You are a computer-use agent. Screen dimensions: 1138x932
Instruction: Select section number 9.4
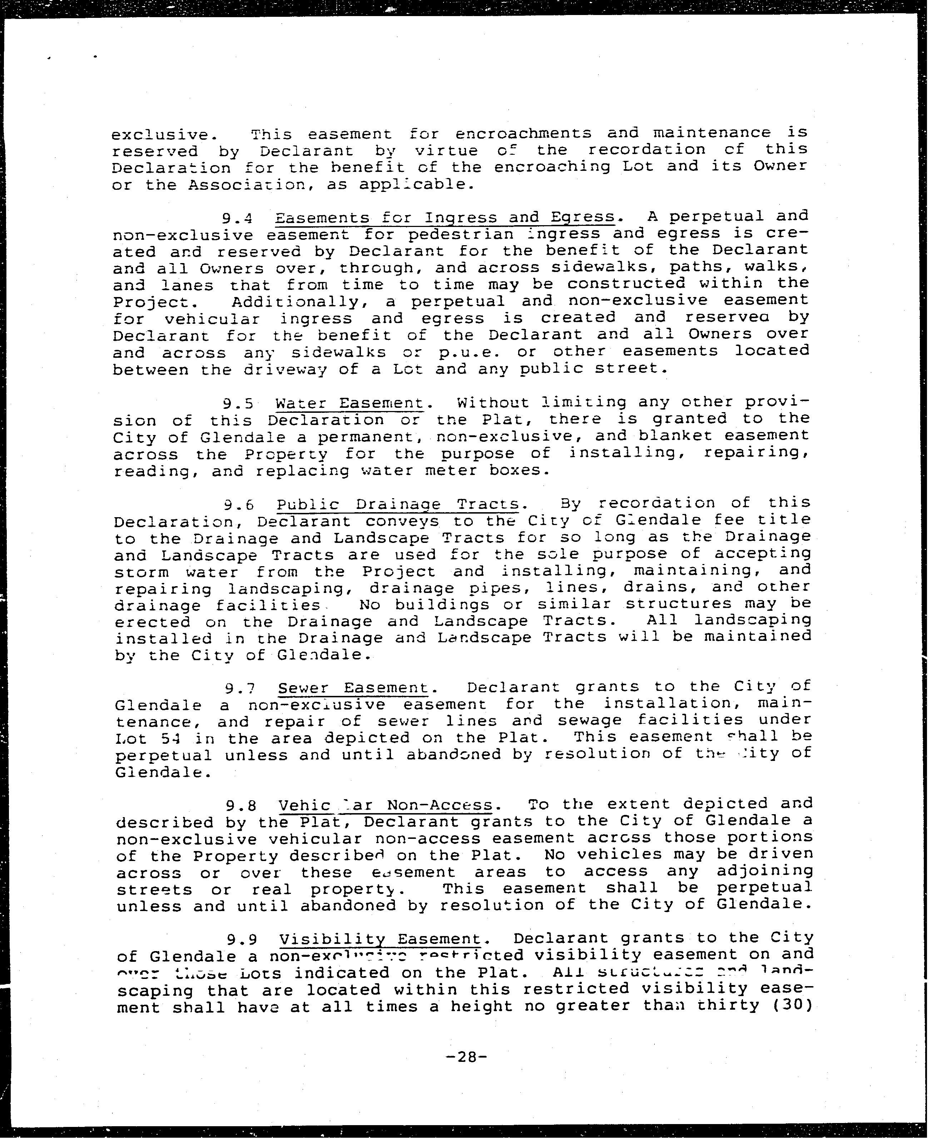[237, 218]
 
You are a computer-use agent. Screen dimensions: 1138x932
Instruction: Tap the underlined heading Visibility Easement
[380, 939]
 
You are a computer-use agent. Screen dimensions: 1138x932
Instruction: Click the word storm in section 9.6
[141, 572]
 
